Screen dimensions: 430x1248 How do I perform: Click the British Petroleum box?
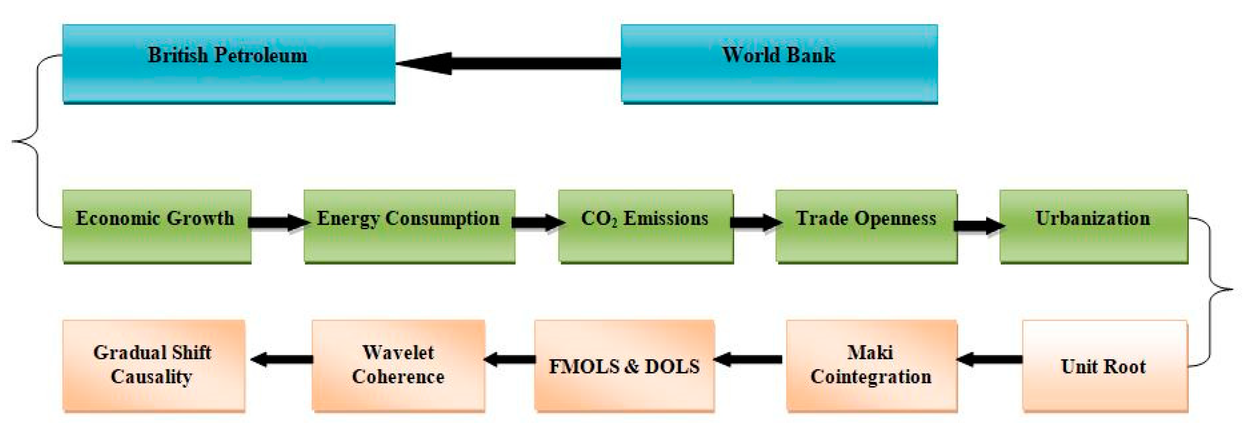229,64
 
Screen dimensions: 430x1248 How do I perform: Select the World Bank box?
779,64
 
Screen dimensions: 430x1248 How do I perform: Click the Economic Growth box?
156,226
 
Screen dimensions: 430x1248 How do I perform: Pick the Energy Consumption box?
409,226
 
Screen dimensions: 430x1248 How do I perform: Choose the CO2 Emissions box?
645,226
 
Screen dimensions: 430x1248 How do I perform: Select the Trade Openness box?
866,226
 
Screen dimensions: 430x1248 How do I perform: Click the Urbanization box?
1093,226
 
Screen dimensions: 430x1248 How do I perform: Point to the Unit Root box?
1104,366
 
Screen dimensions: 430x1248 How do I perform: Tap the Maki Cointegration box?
871,366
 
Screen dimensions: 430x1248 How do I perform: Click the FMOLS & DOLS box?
624,366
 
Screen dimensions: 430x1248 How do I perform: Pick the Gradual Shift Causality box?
153,366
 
